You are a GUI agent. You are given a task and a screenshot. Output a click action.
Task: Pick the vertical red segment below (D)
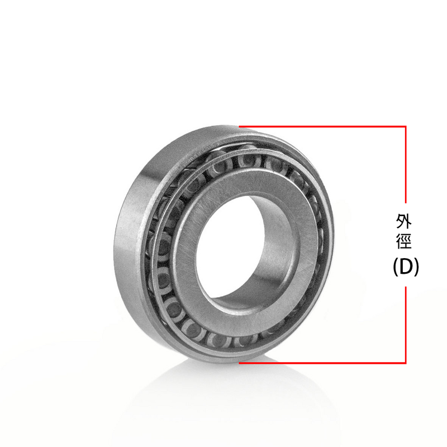[406, 324]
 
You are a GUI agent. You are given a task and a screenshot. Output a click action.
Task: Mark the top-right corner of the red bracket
[406, 127]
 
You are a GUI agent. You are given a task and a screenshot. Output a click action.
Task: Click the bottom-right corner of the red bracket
[406, 362]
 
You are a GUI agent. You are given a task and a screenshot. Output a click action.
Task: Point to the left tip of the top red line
[240, 127]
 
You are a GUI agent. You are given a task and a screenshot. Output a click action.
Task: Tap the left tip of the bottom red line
[240, 362]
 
